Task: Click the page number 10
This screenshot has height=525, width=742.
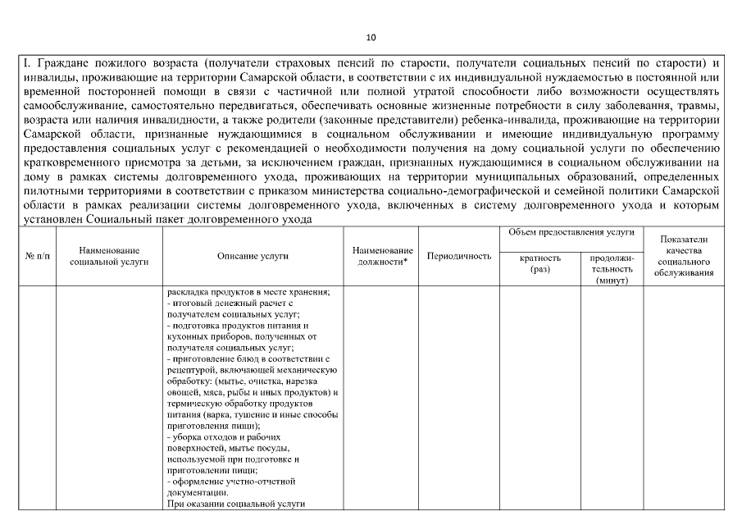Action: (371, 38)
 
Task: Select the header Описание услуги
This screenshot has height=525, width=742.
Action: (253, 257)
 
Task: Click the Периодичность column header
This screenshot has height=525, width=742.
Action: (459, 257)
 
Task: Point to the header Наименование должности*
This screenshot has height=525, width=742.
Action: (382, 256)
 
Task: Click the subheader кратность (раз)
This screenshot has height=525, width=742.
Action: (540, 262)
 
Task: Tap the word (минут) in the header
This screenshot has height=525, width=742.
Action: (612, 281)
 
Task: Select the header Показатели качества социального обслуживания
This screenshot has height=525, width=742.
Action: (684, 256)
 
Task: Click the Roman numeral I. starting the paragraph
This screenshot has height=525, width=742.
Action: (27, 63)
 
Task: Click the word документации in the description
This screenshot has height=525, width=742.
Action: (198, 493)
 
